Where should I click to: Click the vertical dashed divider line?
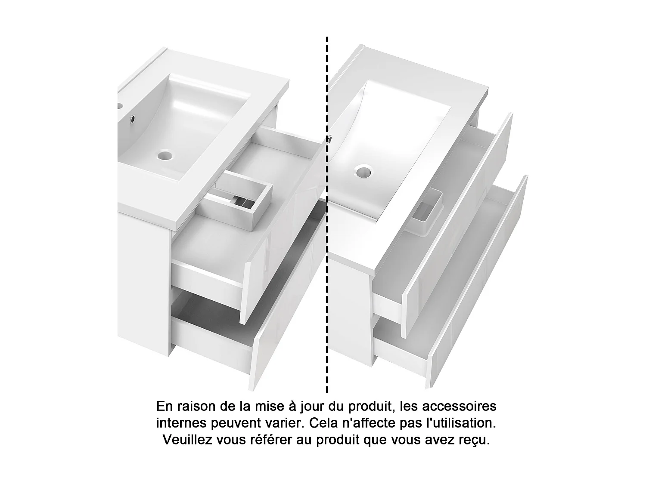pyautogui.click(x=327, y=215)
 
